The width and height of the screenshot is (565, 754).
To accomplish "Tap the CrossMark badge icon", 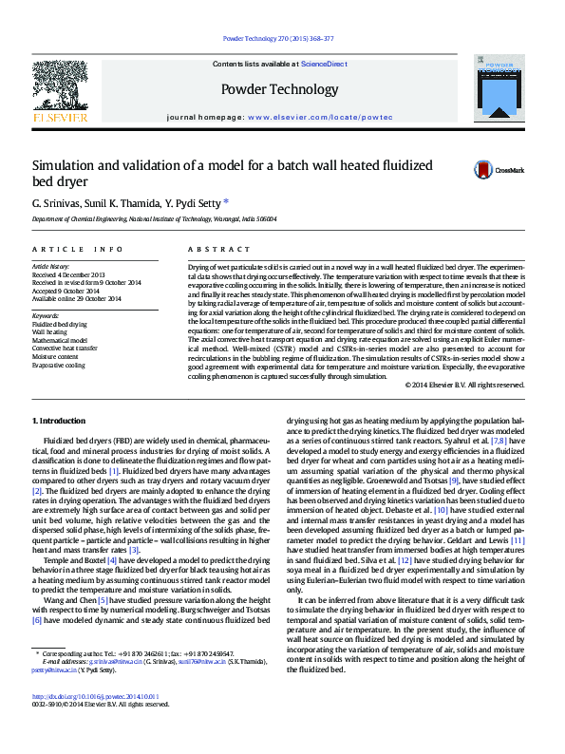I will [484, 170].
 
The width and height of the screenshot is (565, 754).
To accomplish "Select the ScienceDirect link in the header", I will [324, 64].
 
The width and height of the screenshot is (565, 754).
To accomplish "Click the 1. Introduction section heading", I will [60, 420].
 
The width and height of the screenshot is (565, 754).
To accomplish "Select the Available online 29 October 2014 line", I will [77, 298].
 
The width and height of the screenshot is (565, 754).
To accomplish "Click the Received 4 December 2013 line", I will [71, 275].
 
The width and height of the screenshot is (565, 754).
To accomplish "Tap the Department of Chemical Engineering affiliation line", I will [155, 218].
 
